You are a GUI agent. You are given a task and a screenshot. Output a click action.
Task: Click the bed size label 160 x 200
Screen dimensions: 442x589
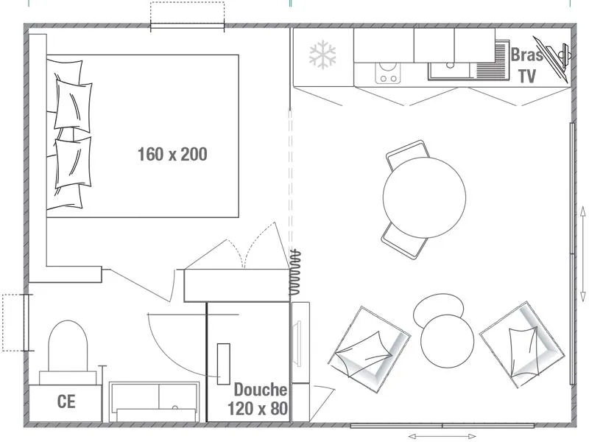pos(172,154)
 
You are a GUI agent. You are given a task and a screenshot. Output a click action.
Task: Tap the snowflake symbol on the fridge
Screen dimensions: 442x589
pos(322,55)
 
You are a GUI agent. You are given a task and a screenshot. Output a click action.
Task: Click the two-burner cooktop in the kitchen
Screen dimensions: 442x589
pos(387,73)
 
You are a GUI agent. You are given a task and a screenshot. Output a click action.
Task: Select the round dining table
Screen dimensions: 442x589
pos(424,197)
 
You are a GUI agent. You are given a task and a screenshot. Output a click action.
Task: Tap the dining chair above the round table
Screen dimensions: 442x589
pos(406,152)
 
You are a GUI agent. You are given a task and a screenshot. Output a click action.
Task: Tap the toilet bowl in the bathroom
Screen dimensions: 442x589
pos(68,346)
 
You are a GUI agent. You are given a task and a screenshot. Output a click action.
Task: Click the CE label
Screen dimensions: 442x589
pos(66,401)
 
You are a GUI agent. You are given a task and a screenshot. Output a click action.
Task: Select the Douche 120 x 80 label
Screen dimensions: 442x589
pos(257,399)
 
